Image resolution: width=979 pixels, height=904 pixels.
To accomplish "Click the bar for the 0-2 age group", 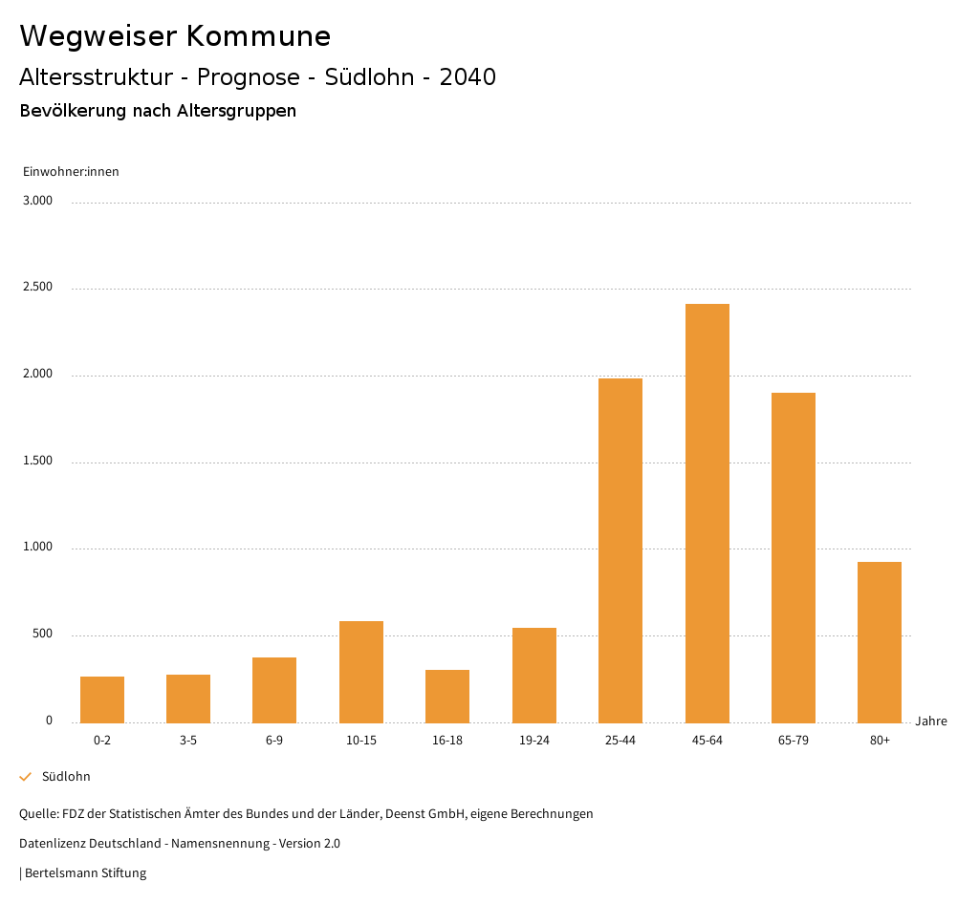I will coord(102,700).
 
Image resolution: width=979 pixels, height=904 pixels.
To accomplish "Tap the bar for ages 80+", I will coord(880,642).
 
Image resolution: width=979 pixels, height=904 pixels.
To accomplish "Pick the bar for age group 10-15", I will coord(361,672).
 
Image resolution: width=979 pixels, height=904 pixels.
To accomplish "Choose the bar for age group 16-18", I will coord(447,696).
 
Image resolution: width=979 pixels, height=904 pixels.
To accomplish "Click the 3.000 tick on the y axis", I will coord(39,202).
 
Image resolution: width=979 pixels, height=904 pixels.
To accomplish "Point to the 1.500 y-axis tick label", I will coord(39,462).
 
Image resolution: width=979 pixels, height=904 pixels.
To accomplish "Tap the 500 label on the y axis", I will coord(43,635).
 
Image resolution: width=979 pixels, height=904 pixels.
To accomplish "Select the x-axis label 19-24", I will coord(534,741).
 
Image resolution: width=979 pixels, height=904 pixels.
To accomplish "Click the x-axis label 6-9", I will coord(274,741).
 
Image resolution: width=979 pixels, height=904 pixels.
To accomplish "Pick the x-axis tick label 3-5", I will coord(188,741).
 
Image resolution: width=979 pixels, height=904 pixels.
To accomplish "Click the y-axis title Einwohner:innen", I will coord(71,172).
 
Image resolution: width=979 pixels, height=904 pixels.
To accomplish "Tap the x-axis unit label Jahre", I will coord(931,721).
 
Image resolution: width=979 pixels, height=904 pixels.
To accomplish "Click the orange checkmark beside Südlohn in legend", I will coord(26,777).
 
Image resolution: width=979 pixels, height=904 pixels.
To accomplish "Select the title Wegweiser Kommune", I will coord(175,36).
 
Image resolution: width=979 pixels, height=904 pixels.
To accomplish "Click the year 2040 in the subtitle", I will coord(468,77).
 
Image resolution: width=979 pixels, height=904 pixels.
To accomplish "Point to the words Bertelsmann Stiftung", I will coord(85,873).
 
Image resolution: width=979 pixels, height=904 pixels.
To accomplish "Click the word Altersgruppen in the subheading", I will coord(236,111).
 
